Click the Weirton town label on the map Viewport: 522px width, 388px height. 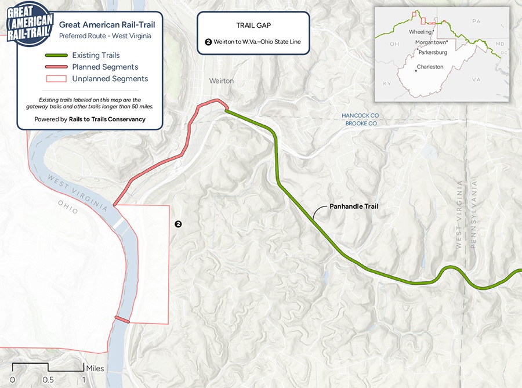click(x=222, y=81)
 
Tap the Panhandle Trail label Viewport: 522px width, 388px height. click(x=354, y=206)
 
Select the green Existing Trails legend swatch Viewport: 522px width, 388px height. click(x=57, y=56)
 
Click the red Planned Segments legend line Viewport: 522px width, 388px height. click(x=57, y=67)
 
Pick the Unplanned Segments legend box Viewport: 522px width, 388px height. click(x=57, y=79)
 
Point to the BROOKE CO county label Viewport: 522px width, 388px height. click(x=361, y=124)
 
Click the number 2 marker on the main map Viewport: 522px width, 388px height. click(x=179, y=224)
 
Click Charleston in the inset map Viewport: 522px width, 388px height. click(x=430, y=67)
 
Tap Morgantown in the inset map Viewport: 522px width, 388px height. click(x=432, y=42)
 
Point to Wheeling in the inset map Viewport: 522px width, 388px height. click(x=420, y=32)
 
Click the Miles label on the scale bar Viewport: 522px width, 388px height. click(x=95, y=368)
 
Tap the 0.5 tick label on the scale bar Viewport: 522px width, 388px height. click(x=48, y=380)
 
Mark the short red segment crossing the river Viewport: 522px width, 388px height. click(x=122, y=319)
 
